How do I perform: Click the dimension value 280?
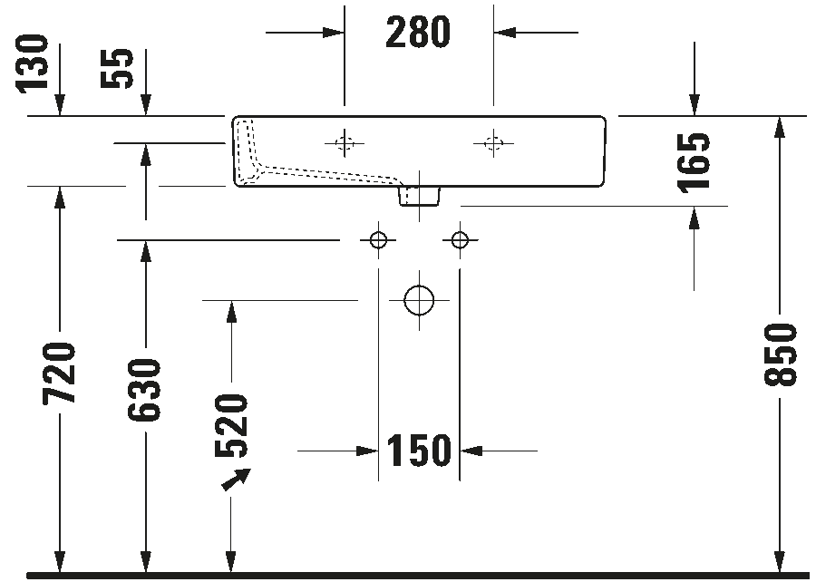tap(418, 33)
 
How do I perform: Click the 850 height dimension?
tap(780, 354)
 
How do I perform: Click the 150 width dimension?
tap(419, 450)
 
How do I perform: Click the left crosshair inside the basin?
tap(345, 141)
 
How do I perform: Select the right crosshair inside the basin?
tap(493, 141)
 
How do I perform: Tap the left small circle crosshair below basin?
tap(378, 240)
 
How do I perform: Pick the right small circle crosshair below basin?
tap(460, 240)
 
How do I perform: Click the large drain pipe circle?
tap(419, 299)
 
